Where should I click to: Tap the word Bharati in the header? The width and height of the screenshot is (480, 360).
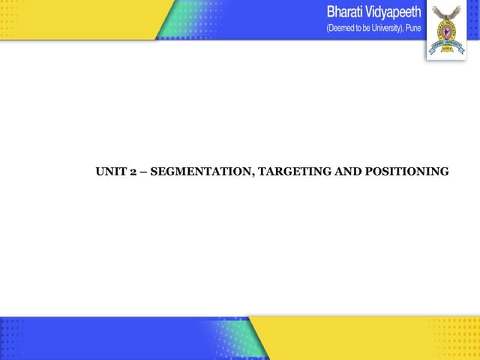click(349, 13)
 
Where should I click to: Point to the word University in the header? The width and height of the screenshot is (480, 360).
click(378, 28)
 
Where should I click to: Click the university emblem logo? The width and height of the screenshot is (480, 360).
click(445, 28)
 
